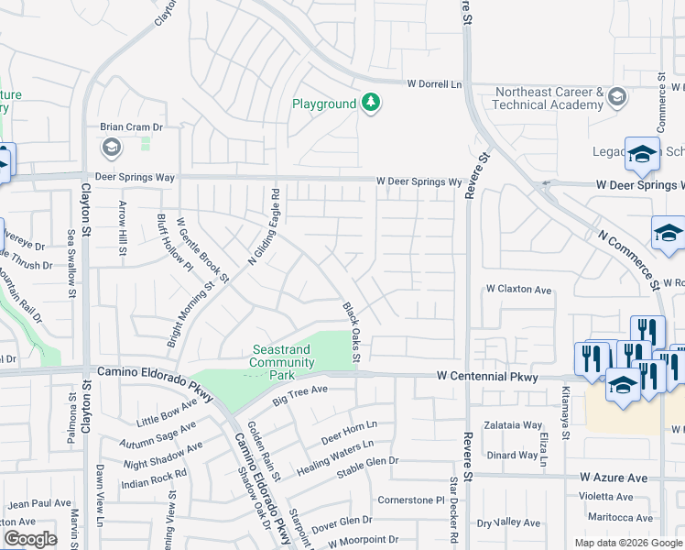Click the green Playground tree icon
coord(371,103)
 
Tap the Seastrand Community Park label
coord(281,356)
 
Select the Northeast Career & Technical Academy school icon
coord(617,97)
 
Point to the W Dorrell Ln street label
coord(434,83)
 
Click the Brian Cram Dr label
coord(131,128)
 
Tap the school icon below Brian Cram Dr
coord(111,148)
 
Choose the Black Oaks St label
coord(353,332)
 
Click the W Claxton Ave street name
coord(518,290)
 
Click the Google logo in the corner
coord(30,539)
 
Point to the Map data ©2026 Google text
coord(627,543)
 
